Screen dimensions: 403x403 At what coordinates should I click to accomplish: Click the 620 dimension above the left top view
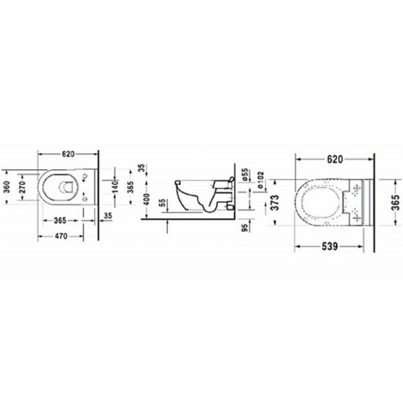point(66,153)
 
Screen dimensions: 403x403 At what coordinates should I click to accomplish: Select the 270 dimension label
point(22,189)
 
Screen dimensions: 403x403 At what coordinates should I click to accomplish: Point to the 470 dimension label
point(62,236)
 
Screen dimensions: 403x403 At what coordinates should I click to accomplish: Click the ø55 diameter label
point(245,174)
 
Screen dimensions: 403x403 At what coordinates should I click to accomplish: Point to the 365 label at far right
point(396,199)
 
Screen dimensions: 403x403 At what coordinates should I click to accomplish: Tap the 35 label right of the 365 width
point(108,216)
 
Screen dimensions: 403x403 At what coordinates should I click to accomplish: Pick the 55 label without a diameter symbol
point(161,204)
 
